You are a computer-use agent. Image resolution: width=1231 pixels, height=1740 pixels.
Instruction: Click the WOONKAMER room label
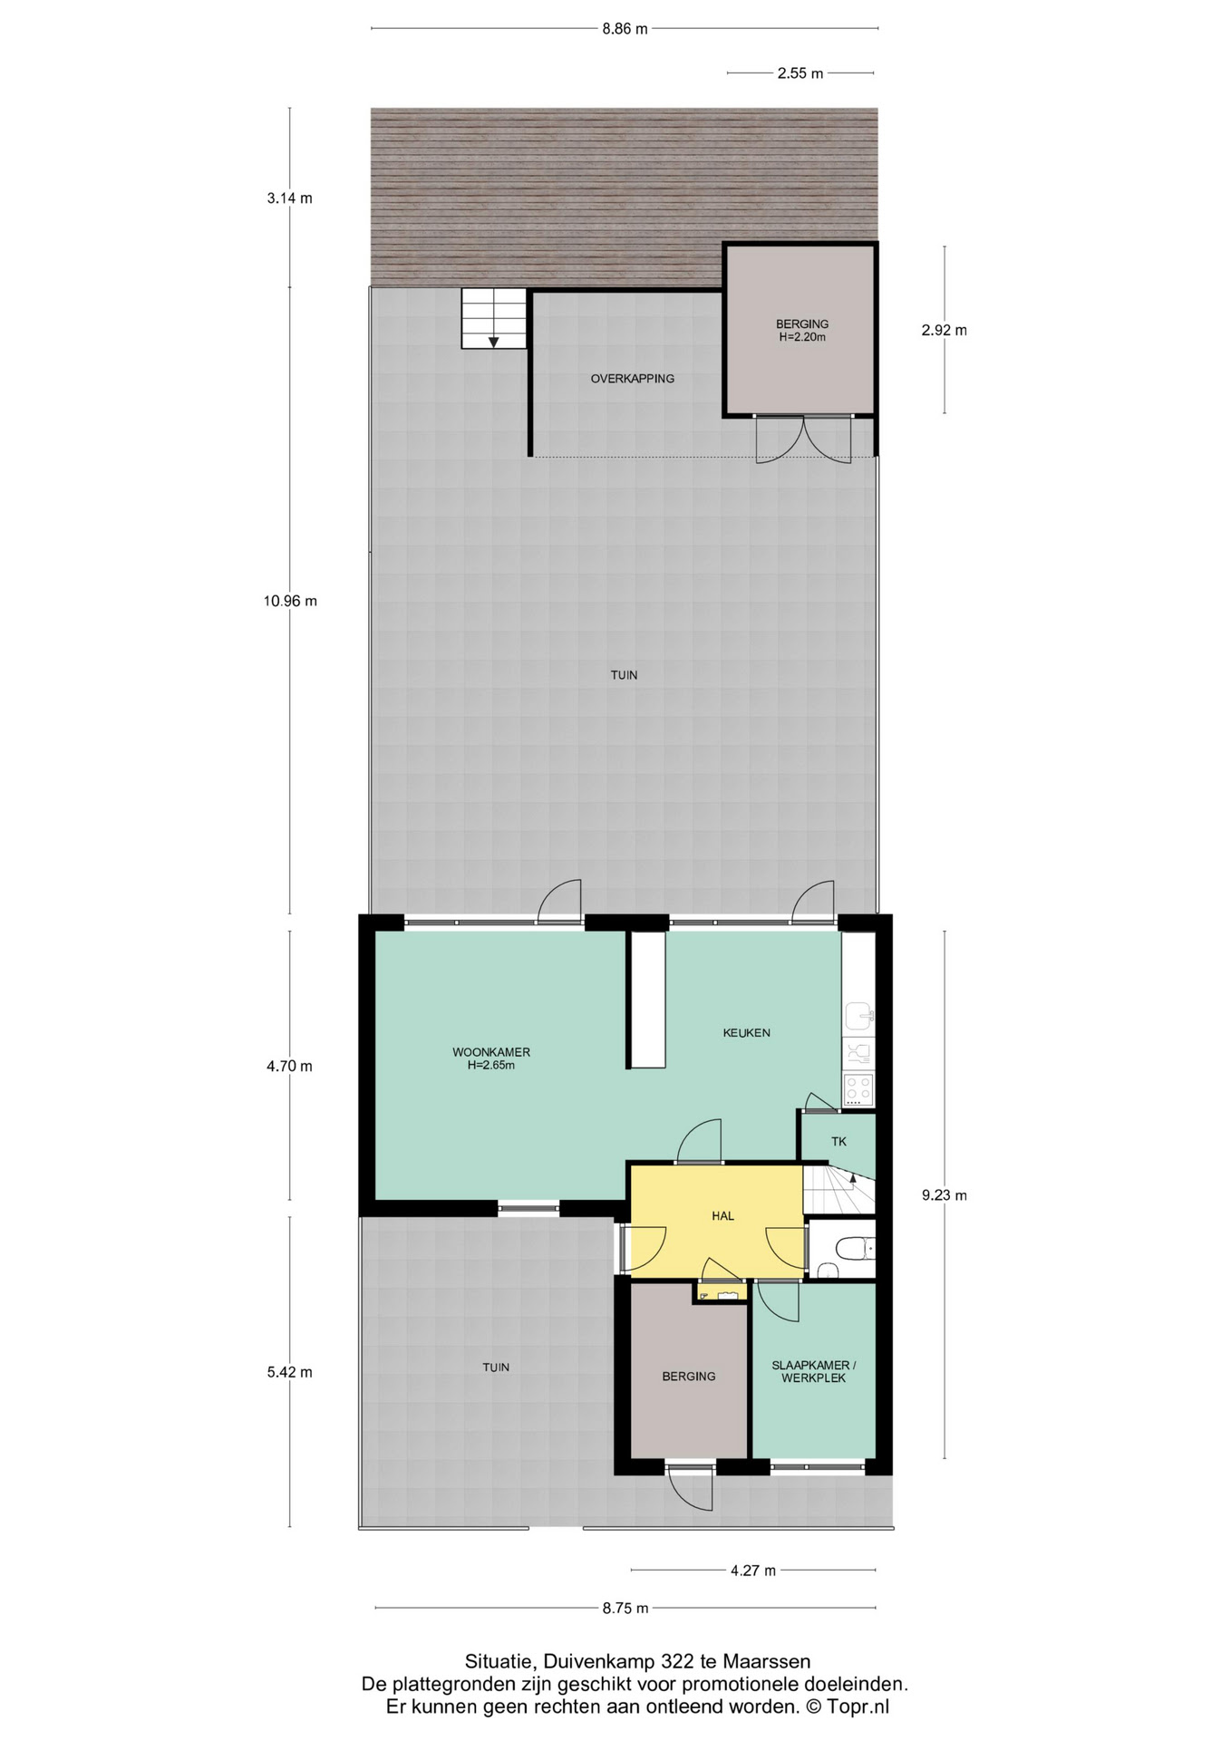(x=491, y=1052)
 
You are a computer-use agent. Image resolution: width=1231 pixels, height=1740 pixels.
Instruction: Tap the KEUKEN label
(x=747, y=1032)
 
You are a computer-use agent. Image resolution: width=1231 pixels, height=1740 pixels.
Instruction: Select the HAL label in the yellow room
(x=722, y=1216)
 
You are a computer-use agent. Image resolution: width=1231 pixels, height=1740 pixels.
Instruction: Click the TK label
(x=838, y=1142)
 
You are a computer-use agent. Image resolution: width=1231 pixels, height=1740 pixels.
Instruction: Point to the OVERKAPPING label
(x=633, y=379)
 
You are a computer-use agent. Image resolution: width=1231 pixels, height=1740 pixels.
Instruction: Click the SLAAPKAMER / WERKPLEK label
(x=814, y=1371)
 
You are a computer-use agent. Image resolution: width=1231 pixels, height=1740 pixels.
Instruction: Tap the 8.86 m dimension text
(x=625, y=28)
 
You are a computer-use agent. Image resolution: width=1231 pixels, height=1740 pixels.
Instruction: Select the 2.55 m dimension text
(x=800, y=73)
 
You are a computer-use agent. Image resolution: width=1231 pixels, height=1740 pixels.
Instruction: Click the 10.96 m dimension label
(x=290, y=601)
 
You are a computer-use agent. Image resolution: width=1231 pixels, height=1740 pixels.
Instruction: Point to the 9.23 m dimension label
(x=945, y=1195)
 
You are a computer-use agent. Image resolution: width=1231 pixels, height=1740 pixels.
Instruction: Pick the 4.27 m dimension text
(x=753, y=1571)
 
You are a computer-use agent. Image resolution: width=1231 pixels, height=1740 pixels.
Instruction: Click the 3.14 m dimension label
(x=290, y=198)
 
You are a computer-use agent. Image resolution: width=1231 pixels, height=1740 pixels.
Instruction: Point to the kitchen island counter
(x=648, y=1000)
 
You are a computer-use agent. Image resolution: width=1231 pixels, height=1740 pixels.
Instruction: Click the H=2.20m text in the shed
(x=802, y=337)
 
